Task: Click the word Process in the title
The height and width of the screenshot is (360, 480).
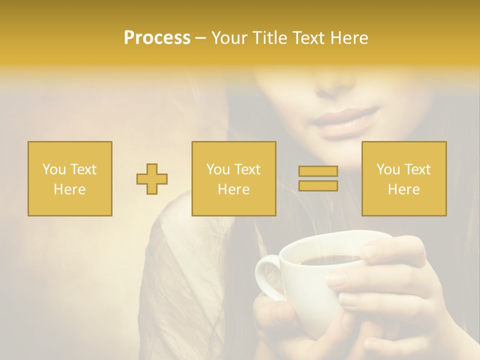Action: pos(157,38)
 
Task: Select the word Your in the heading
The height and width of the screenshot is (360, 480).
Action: pos(229,38)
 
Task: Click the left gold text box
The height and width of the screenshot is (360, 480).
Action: pos(70,179)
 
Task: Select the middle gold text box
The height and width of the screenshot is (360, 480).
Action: pos(233,179)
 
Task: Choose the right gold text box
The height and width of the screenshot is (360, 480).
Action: pos(404,179)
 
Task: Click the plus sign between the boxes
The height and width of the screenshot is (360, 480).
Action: pos(152,179)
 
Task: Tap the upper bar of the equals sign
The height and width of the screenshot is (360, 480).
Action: pos(318,171)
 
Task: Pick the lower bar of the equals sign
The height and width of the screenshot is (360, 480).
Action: pos(318,186)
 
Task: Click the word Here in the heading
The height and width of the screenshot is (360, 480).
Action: pos(349,38)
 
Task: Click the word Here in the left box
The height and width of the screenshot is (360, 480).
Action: pos(70,189)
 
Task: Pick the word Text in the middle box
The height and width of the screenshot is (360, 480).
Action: pos(247,169)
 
